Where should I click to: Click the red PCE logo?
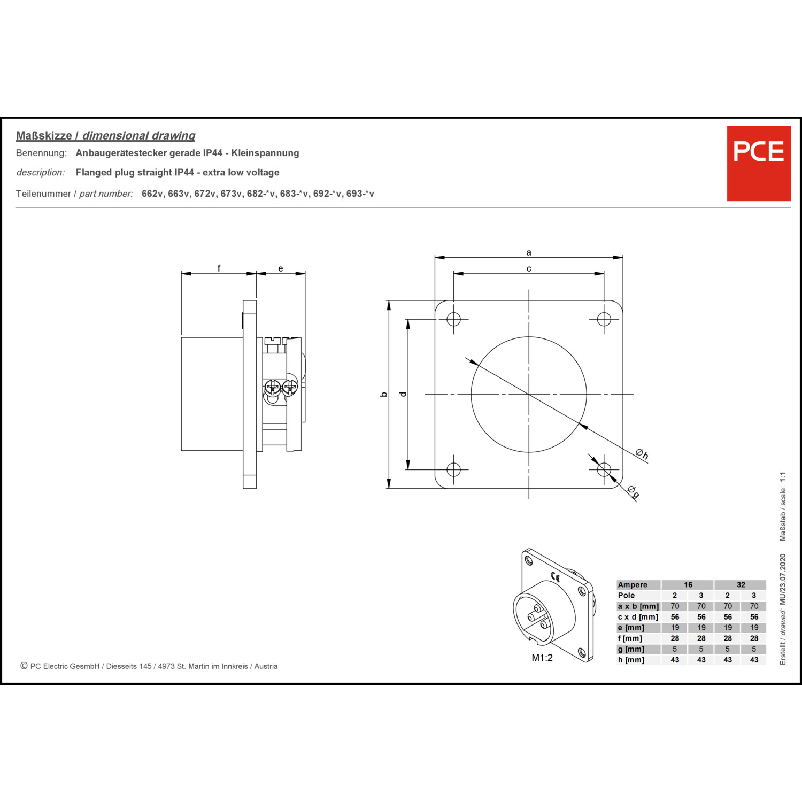pos(759,163)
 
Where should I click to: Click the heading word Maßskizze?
pos(44,136)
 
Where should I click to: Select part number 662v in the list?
pos(152,194)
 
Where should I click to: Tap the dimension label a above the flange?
pos(529,252)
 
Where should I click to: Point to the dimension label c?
pos(529,268)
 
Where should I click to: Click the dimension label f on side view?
pos(219,268)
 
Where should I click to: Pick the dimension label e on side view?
pos(281,268)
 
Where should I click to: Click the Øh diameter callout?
pos(642,454)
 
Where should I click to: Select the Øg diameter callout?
pos(633,491)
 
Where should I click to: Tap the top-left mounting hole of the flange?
pos(453,319)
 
